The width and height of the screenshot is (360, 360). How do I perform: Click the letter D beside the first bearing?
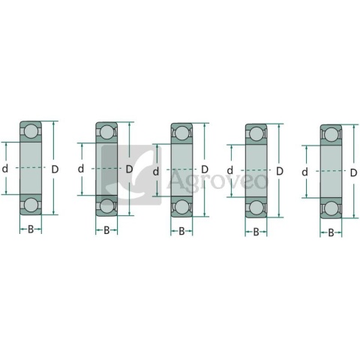click(54, 169)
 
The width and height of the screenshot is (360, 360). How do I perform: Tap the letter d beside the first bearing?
click(5, 169)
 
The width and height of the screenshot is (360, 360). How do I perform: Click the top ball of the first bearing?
click(31, 132)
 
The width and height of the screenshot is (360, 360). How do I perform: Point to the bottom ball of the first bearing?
click(31, 203)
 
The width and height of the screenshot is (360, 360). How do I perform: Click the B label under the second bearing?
click(106, 229)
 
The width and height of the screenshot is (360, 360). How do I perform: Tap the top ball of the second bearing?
click(106, 133)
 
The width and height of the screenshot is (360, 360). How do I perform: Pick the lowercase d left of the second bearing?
click(81, 169)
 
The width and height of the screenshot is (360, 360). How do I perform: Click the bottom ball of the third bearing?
click(181, 205)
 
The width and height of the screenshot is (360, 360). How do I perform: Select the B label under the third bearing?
click(181, 231)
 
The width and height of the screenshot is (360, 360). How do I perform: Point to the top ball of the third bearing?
click(181, 135)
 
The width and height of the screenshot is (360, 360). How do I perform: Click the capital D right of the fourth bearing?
click(279, 171)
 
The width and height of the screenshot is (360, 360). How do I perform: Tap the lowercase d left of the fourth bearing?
click(230, 171)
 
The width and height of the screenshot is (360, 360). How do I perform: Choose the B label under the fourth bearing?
click(256, 232)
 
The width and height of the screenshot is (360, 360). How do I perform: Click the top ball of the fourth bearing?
click(256, 136)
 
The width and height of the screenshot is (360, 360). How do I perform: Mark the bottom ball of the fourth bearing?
click(256, 207)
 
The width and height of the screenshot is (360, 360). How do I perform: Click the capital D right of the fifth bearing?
click(353, 172)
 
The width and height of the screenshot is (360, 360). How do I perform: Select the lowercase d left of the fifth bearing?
click(304, 172)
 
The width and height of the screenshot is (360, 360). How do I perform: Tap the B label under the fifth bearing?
click(331, 232)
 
